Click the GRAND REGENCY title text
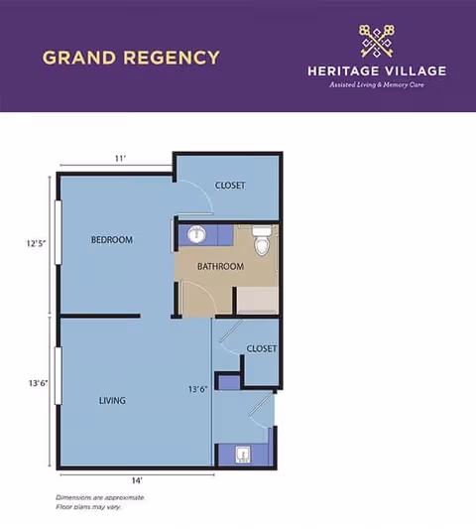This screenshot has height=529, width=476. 131,57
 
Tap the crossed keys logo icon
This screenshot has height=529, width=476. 377,41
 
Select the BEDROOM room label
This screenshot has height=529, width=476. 111,240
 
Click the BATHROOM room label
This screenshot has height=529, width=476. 220,267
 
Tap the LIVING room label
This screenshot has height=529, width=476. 112,401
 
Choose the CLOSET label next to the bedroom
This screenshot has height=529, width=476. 230,186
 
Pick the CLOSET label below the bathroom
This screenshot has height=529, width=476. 262,349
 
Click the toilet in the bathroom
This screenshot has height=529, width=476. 262,238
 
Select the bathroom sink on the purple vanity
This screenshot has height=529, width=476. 195,235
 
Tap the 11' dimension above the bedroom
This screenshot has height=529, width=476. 120,159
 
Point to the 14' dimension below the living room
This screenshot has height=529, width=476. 137,480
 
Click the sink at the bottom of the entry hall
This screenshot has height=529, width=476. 242,456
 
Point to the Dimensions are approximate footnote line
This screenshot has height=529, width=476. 99,496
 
